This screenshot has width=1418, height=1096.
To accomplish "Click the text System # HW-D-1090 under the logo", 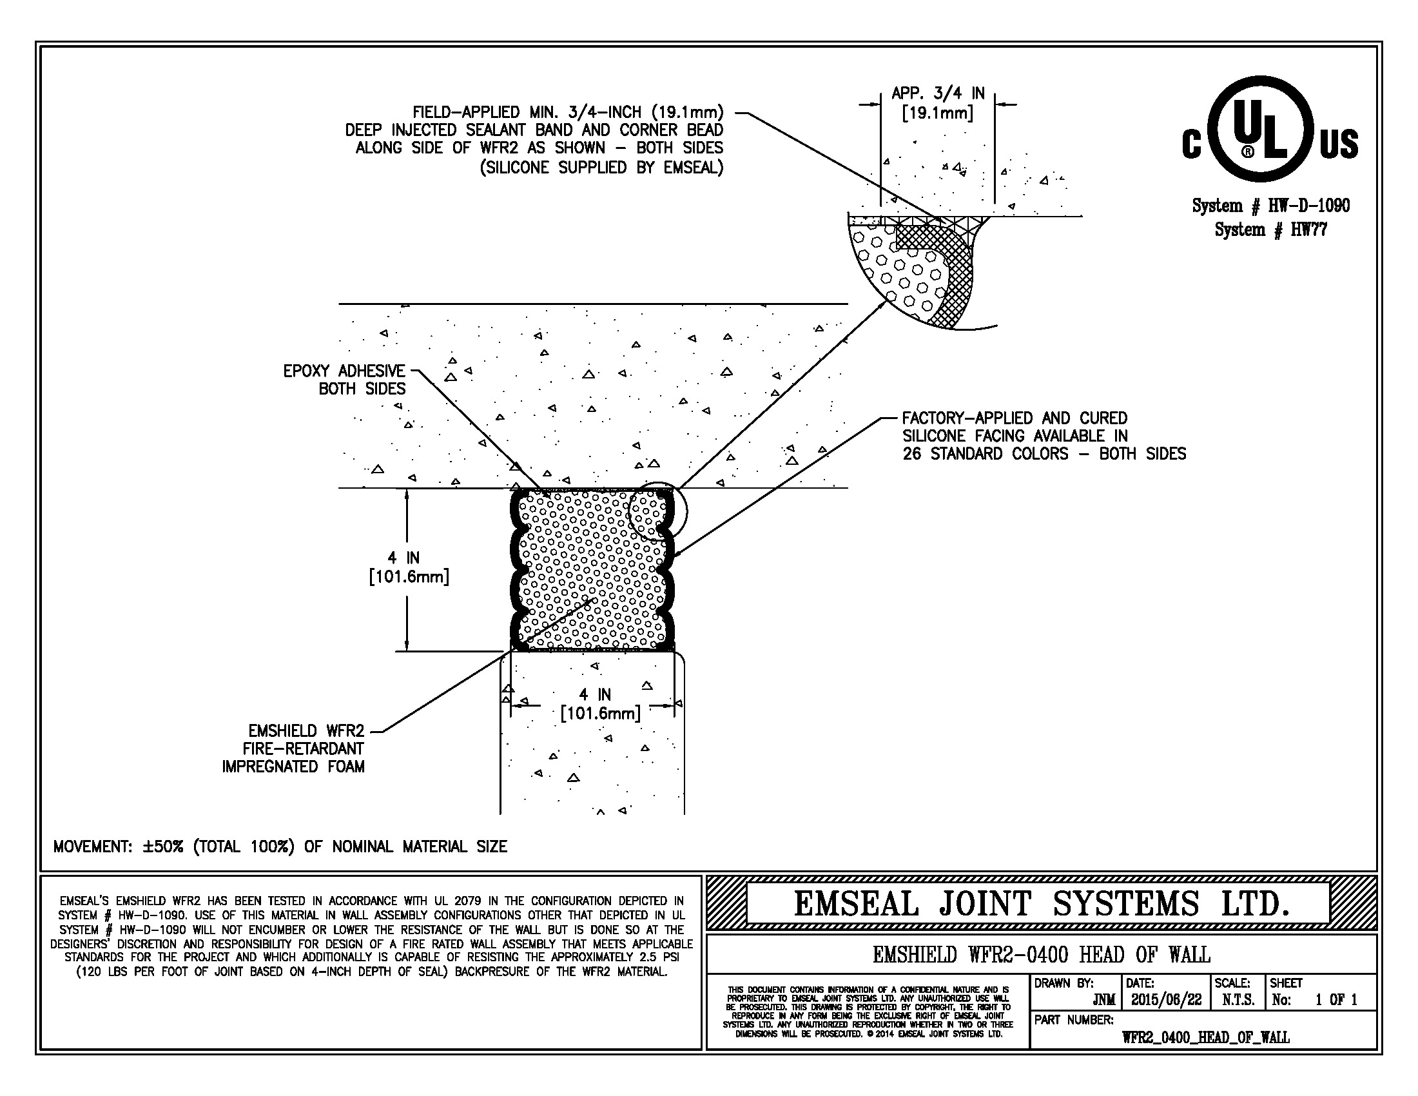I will pos(1270,206).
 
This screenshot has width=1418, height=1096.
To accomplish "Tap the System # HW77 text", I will pos(1270,230).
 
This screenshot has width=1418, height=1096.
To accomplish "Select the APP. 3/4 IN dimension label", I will pos(938,93).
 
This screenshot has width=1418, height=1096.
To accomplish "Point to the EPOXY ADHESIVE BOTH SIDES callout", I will pos(344,380).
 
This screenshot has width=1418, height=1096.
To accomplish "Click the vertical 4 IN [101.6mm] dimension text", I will pos(409,567).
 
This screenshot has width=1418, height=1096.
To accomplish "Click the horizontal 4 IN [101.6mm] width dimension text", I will pos(601,704).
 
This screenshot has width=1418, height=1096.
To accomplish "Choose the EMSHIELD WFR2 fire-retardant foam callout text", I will pos(293,749).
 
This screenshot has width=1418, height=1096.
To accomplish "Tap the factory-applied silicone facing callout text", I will pos(1044,436).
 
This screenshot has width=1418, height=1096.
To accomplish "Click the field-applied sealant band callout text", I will pos(535,140).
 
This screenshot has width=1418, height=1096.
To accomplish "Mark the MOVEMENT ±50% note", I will pos(280,846).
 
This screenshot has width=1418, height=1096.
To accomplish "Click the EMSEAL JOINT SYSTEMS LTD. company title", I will pos(1041,903).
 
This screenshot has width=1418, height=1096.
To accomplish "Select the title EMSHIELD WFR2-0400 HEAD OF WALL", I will pos(1041,954).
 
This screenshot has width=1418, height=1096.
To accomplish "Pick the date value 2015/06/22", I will pos(1166,1000).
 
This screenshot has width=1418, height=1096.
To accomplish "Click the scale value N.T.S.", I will pos(1238,1000).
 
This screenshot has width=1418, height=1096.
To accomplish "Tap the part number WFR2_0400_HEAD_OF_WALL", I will pos(1206,1037).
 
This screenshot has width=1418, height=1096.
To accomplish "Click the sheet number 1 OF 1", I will pos(1335,1000).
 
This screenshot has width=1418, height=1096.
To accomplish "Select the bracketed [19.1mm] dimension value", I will pos(938,113).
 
